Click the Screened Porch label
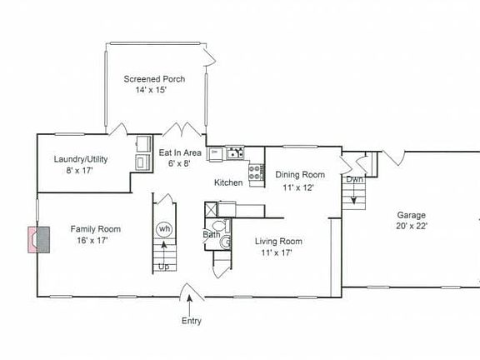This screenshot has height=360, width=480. pyautogui.click(x=154, y=79)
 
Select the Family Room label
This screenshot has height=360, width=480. pyautogui.click(x=95, y=229)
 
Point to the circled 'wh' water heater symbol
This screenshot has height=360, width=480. pyautogui.click(x=164, y=229)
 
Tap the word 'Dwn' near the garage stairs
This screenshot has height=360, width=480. pyautogui.click(x=355, y=179)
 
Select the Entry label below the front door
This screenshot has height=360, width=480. pyautogui.click(x=191, y=321)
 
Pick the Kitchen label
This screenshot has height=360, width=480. pyautogui.click(x=228, y=182)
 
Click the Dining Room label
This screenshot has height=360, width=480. pyautogui.click(x=300, y=175)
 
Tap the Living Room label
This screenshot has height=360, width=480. pyautogui.click(x=278, y=242)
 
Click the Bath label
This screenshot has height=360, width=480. pyautogui.click(x=211, y=235)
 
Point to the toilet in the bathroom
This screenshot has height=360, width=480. pyautogui.click(x=219, y=225)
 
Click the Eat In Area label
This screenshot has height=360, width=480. pyautogui.click(x=180, y=153)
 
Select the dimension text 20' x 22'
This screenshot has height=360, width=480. pyautogui.click(x=412, y=225)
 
